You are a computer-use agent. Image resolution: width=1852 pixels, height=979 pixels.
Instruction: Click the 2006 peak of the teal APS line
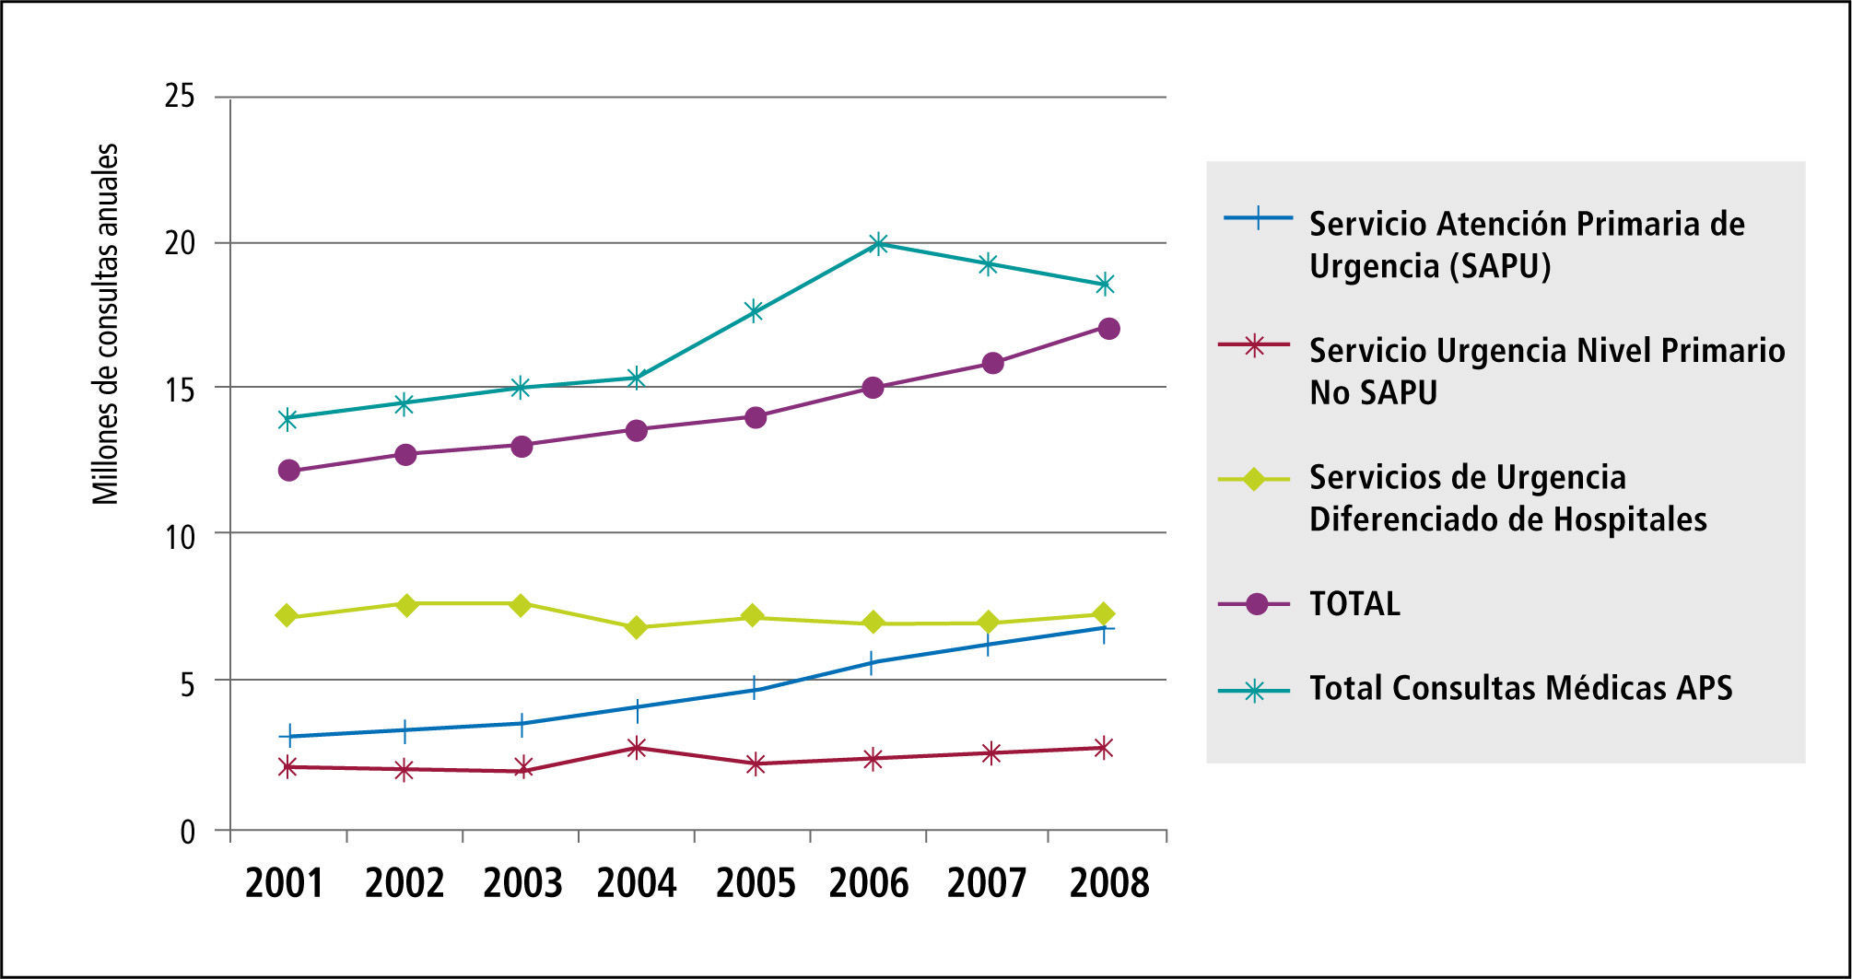pyautogui.click(x=878, y=243)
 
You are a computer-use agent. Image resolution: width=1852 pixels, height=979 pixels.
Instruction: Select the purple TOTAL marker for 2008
pyautogui.click(x=1108, y=329)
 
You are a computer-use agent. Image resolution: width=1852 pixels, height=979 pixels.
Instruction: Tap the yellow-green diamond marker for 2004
pyautogui.click(x=636, y=628)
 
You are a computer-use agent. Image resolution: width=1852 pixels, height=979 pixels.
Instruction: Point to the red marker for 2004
pyautogui.click(x=636, y=747)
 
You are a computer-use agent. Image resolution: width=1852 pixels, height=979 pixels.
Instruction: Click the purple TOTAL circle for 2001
pyautogui.click(x=288, y=471)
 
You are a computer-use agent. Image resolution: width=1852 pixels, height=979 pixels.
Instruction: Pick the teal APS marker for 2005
pyautogui.click(x=755, y=310)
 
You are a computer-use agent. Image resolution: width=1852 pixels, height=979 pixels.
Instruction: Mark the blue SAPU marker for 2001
pyautogui.click(x=289, y=735)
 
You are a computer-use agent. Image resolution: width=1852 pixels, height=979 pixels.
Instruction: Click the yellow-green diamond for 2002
pyautogui.click(x=406, y=604)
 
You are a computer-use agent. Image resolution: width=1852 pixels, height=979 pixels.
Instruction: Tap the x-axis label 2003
pyautogui.click(x=522, y=883)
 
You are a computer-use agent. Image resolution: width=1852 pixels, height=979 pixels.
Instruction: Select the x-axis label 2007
pyautogui.click(x=987, y=883)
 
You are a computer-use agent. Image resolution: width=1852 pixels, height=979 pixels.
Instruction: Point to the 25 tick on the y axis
pyautogui.click(x=181, y=96)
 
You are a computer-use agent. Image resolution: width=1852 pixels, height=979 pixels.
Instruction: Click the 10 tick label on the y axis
pyautogui.click(x=181, y=536)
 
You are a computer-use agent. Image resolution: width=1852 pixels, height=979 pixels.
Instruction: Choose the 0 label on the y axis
pyautogui.click(x=188, y=832)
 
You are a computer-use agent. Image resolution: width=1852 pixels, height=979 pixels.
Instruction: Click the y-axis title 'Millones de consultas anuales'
pyautogui.click(x=106, y=324)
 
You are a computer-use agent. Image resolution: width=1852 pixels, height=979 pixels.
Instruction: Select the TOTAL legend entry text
pyautogui.click(x=1354, y=604)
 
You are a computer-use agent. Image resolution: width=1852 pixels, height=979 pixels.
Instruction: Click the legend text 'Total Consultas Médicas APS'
pyautogui.click(x=1520, y=688)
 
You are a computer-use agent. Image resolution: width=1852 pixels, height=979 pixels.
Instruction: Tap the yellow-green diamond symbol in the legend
pyautogui.click(x=1253, y=479)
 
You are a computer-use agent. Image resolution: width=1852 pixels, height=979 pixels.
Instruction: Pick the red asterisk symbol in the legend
pyautogui.click(x=1253, y=345)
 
